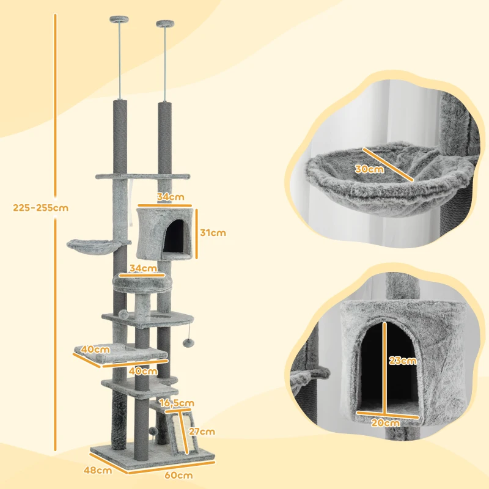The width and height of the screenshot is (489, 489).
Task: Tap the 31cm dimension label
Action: click(213, 232)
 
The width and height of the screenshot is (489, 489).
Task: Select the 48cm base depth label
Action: click(98, 470)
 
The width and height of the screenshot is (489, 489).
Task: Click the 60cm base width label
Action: click(180, 475)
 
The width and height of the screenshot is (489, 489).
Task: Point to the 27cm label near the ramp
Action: click(202, 432)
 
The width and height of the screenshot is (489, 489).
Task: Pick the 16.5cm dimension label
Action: click(177, 403)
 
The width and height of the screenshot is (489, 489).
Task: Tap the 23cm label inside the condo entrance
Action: click(403, 361)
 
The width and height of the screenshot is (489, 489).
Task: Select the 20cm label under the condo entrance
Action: click(386, 422)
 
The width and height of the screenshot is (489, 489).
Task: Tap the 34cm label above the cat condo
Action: click(170, 197)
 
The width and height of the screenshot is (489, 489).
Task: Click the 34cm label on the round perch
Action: click(142, 268)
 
